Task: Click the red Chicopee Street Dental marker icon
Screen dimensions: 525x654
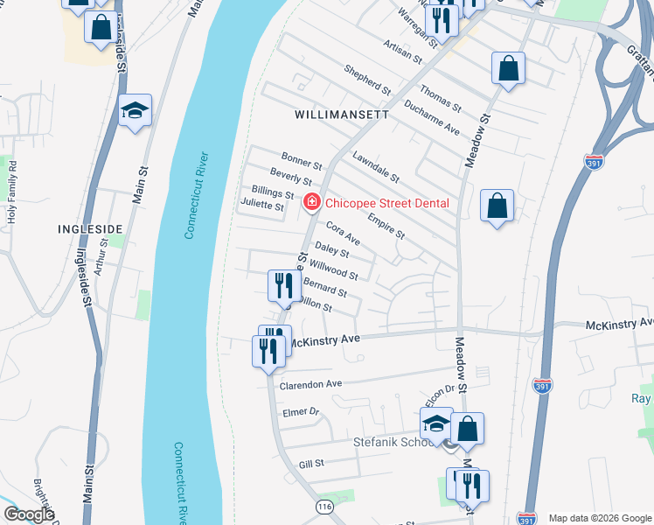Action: (x=310, y=203)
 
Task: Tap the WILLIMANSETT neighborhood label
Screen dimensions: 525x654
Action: (x=341, y=115)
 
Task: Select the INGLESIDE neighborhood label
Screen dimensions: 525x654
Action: (x=89, y=228)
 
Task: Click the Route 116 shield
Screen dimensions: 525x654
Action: (x=324, y=507)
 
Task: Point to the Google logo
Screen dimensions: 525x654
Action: (x=29, y=514)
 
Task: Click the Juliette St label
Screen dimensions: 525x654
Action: (x=261, y=207)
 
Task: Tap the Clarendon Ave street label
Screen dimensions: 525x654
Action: (x=310, y=384)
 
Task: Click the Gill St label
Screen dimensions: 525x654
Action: (x=311, y=464)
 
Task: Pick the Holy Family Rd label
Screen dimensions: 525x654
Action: (x=12, y=191)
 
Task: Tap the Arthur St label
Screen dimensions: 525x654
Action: (x=102, y=260)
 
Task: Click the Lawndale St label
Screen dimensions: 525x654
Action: (x=376, y=167)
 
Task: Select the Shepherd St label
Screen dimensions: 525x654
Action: (x=367, y=79)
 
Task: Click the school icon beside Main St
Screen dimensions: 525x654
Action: (x=135, y=110)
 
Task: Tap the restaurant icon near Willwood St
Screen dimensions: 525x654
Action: (x=283, y=285)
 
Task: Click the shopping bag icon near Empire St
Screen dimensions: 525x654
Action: (x=497, y=206)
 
